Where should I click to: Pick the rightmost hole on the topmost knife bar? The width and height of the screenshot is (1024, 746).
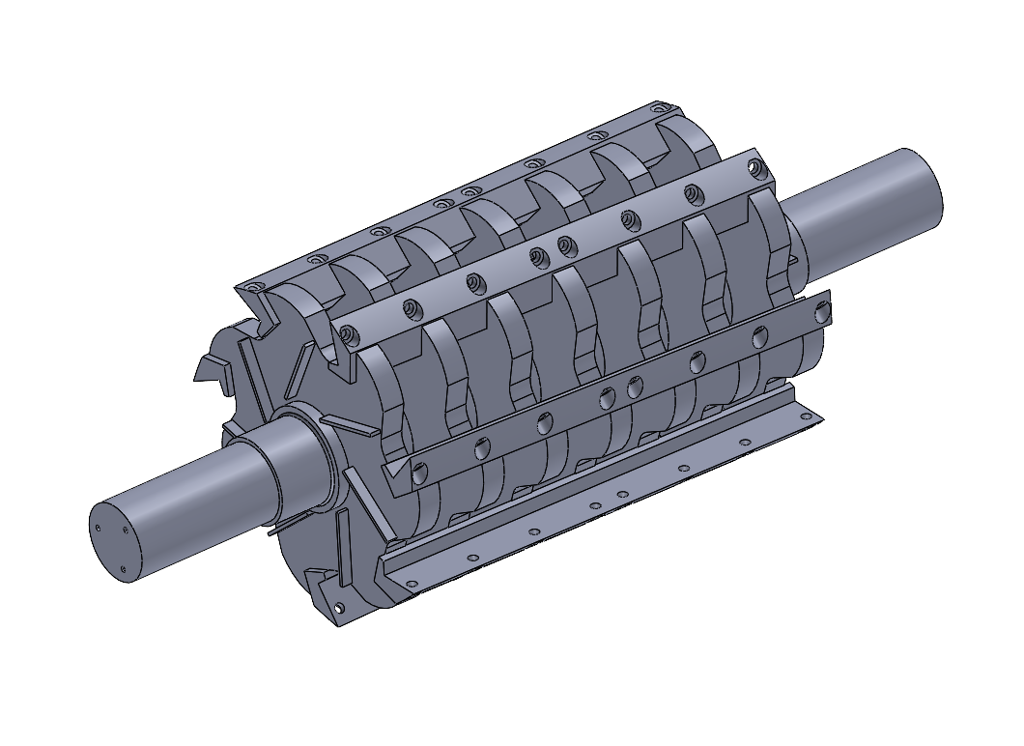point(663,107)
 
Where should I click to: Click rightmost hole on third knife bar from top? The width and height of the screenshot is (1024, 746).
point(822,312)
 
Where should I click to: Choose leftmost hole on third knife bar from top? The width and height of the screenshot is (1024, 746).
point(419,473)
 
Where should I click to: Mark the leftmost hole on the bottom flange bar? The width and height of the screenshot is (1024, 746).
point(412,584)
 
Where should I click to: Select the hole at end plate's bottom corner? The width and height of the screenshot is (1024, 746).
point(339,608)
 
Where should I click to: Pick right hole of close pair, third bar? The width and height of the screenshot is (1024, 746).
point(635,387)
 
